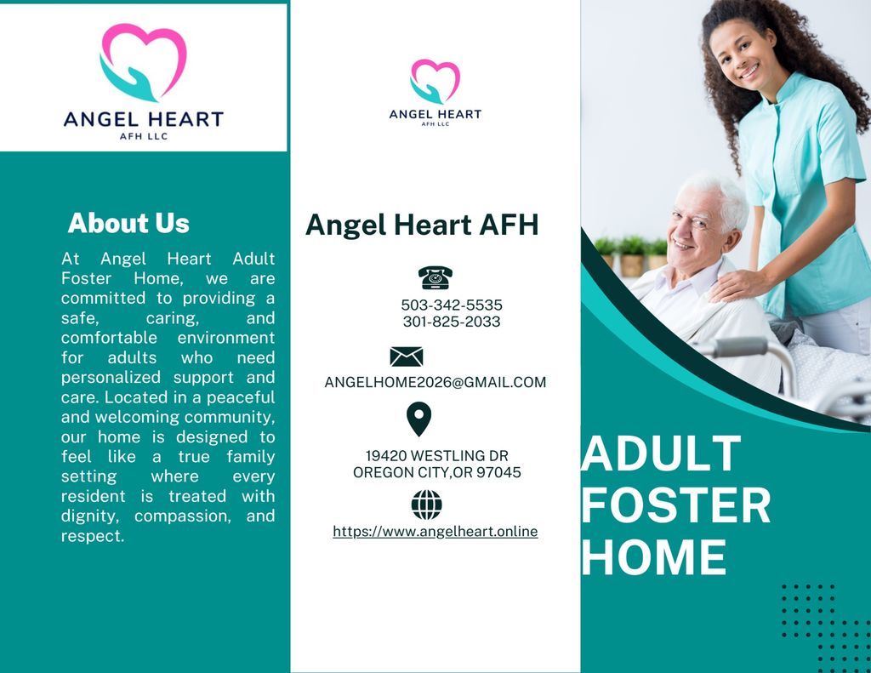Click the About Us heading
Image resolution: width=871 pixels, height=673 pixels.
[x=128, y=223]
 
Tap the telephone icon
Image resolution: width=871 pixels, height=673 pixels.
[x=435, y=277]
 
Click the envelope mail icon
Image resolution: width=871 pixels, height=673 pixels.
[x=406, y=356]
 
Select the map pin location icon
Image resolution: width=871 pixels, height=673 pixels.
[x=418, y=419]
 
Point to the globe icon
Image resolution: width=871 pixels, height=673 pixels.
[x=427, y=505]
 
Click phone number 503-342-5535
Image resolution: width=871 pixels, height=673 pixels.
[x=452, y=305]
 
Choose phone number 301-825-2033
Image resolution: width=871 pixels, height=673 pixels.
[x=452, y=322]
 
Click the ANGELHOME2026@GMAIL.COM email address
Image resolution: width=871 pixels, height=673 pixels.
[x=435, y=382]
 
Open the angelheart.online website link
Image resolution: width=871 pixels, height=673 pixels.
[x=435, y=531]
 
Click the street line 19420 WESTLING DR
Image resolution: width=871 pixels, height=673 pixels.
[x=436, y=456]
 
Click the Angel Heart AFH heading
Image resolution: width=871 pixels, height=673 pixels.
[x=422, y=225]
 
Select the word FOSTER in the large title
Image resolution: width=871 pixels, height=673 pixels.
[x=676, y=505]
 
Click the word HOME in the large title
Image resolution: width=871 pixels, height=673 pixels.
[x=654, y=556]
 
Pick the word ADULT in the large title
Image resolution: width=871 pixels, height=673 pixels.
[x=661, y=453]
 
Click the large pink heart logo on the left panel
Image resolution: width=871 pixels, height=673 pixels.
[x=143, y=62]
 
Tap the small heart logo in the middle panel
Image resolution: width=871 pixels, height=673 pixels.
[x=435, y=82]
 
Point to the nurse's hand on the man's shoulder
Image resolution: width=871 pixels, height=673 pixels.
[x=736, y=284]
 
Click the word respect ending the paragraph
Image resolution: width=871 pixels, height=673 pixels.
[x=93, y=536]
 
